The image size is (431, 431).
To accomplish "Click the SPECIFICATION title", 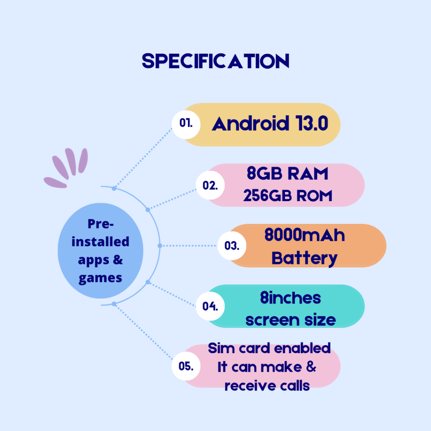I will point(215,61).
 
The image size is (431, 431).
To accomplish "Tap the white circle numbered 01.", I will point(186,123).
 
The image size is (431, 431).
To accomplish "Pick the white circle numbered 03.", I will point(231,246).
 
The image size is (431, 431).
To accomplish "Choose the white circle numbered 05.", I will point(186,366).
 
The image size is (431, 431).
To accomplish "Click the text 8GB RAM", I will point(287,174).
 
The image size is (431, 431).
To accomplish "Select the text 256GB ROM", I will point(288,196).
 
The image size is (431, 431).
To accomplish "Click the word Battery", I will point(304,258).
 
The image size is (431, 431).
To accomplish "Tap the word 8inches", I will point(290,298).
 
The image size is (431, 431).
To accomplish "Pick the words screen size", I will point(290,320).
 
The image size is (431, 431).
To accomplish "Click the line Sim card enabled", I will point(269,349).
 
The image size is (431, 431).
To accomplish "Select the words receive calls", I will point(267,386).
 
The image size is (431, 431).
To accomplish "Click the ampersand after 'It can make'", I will point(311,367).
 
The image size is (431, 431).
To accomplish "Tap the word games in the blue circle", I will point(100,278).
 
